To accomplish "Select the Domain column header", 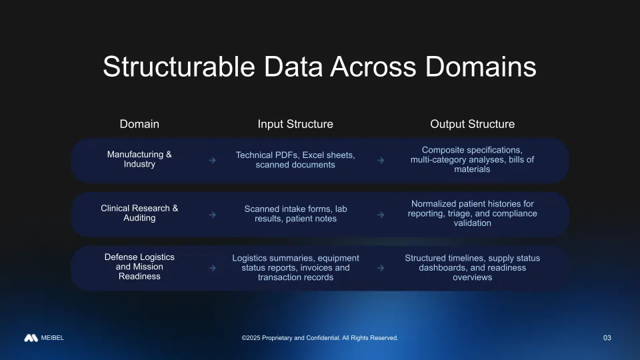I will click(139, 124).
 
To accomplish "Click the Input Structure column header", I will click(295, 124).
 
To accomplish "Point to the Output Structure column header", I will click(472, 124).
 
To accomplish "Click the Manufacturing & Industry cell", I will click(139, 159).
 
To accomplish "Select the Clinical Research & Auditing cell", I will click(139, 213).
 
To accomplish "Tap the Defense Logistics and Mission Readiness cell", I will click(139, 267).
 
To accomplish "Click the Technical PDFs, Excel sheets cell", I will click(295, 159).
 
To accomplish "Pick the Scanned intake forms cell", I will click(295, 213).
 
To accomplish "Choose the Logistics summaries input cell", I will click(295, 267).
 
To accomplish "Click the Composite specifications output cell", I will click(472, 159).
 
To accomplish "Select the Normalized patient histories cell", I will click(472, 213).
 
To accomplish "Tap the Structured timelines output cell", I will click(472, 267).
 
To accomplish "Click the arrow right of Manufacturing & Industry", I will click(212, 161).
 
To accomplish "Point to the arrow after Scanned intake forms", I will click(380, 215).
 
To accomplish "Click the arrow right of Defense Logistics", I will click(212, 268).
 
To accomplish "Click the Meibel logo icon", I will click(31, 338).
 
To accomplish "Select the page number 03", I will click(607, 338).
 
